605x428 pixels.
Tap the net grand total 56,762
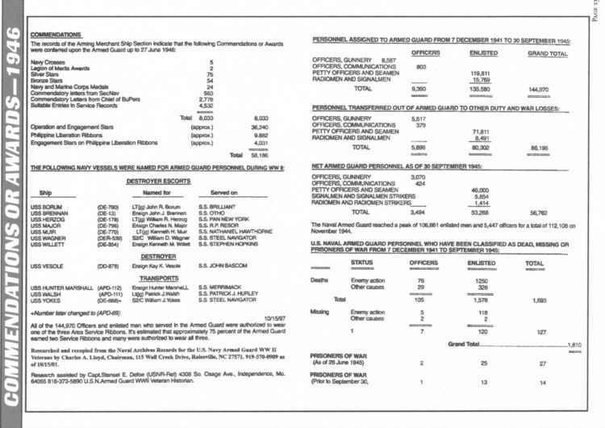pyautogui.click(x=544, y=213)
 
